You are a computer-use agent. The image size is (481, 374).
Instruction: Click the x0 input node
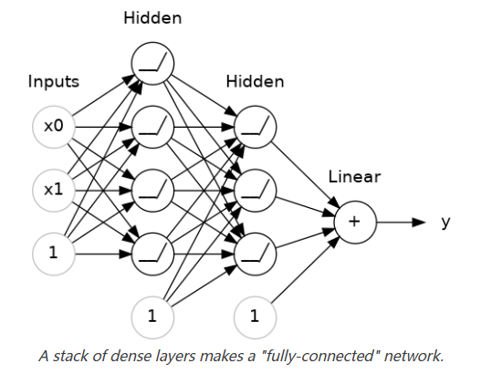(53, 127)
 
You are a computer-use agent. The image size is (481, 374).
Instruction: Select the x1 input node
(53, 191)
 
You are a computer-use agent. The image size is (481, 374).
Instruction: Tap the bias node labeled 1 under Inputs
(53, 255)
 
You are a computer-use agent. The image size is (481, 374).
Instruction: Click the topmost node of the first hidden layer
(152, 63)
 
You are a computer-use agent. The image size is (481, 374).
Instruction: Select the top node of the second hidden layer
(255, 127)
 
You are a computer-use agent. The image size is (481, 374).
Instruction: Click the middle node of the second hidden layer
(255, 191)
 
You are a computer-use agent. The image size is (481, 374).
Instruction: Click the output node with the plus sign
(353, 223)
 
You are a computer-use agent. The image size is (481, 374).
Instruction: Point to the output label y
(445, 222)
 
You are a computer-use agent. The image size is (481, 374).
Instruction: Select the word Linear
(353, 177)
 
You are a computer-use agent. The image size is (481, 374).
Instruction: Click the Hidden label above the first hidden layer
(152, 18)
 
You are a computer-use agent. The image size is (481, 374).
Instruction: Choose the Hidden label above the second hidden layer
(255, 82)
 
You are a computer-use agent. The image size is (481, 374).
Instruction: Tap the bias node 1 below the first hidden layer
(152, 317)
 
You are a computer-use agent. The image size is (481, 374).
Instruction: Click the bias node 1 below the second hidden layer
(255, 317)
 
